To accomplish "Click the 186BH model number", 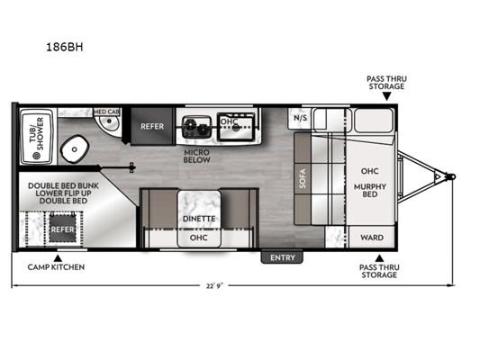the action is (x=65, y=47).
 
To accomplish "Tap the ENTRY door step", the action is (x=282, y=257).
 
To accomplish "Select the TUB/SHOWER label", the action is (x=37, y=134).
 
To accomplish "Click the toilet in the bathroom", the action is (x=75, y=149).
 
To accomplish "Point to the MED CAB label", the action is (x=106, y=112).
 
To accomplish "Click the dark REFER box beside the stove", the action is (x=152, y=126).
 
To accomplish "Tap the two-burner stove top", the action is (x=196, y=126).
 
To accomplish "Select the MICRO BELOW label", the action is (x=197, y=156).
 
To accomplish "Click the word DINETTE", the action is (x=199, y=219).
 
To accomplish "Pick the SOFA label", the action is (x=303, y=178).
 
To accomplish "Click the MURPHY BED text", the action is (x=370, y=190).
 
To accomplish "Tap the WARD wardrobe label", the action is (x=372, y=238).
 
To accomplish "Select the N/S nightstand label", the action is (x=300, y=118).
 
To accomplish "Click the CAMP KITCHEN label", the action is (x=56, y=267).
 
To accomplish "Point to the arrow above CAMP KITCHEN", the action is (x=59, y=257).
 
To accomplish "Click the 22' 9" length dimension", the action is (x=214, y=285).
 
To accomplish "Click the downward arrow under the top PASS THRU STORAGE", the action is (x=387, y=96).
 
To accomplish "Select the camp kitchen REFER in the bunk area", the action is (x=62, y=229).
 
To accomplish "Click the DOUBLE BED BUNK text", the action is (x=63, y=185).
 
